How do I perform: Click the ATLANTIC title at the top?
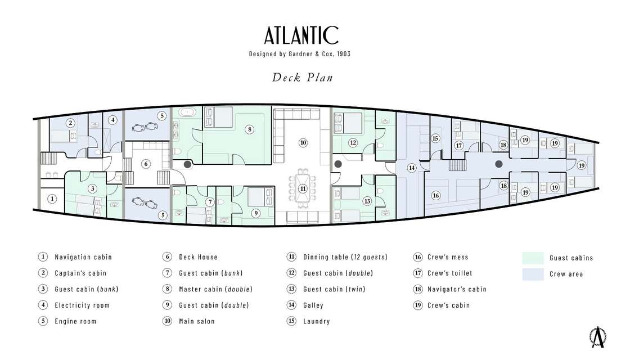click(301, 35)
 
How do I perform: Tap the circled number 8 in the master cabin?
click(249, 129)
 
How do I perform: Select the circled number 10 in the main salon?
click(303, 142)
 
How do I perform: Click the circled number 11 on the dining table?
click(303, 188)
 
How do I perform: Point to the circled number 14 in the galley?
click(412, 167)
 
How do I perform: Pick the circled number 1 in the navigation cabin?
click(52, 198)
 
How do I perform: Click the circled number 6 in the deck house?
click(146, 164)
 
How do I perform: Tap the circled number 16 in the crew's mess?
click(435, 195)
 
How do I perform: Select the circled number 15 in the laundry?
click(435, 138)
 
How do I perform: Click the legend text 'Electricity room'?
click(82, 305)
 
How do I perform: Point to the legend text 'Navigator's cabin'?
click(457, 289)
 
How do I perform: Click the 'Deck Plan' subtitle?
click(302, 77)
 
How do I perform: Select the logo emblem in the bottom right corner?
click(597, 336)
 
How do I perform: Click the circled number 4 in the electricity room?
click(113, 120)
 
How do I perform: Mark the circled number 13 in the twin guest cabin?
click(367, 200)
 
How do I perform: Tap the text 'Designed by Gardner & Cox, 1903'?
click(301, 54)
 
